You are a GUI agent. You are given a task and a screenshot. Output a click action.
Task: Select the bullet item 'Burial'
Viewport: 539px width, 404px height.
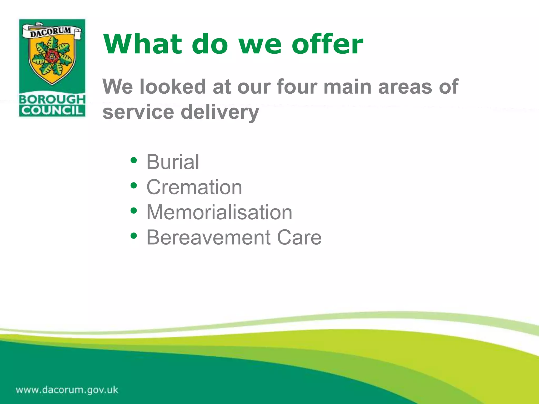[x=173, y=162]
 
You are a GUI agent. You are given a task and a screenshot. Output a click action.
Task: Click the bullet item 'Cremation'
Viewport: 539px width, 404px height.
[x=194, y=187]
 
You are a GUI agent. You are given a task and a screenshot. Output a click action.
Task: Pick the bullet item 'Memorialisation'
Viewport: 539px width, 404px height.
[x=219, y=212]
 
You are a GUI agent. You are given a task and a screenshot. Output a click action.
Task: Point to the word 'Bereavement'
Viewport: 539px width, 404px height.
[x=208, y=238]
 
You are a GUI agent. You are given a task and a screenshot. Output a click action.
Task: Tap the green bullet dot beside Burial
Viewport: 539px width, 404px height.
[x=134, y=160]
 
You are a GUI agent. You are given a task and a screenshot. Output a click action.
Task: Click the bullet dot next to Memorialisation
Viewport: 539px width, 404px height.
[x=134, y=211]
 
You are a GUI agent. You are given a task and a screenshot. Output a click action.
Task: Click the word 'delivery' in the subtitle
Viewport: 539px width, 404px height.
[x=220, y=112]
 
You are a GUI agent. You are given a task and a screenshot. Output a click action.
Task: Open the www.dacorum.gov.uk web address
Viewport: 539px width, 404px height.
[x=67, y=390]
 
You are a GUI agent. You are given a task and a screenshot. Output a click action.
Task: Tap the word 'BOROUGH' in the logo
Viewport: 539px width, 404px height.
[x=52, y=99]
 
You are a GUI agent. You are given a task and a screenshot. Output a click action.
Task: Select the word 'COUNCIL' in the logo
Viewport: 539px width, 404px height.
[x=52, y=110]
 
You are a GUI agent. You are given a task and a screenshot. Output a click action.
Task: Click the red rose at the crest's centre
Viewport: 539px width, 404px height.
[x=52, y=56]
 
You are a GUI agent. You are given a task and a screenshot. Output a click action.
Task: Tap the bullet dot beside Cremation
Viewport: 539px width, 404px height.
[x=134, y=185]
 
